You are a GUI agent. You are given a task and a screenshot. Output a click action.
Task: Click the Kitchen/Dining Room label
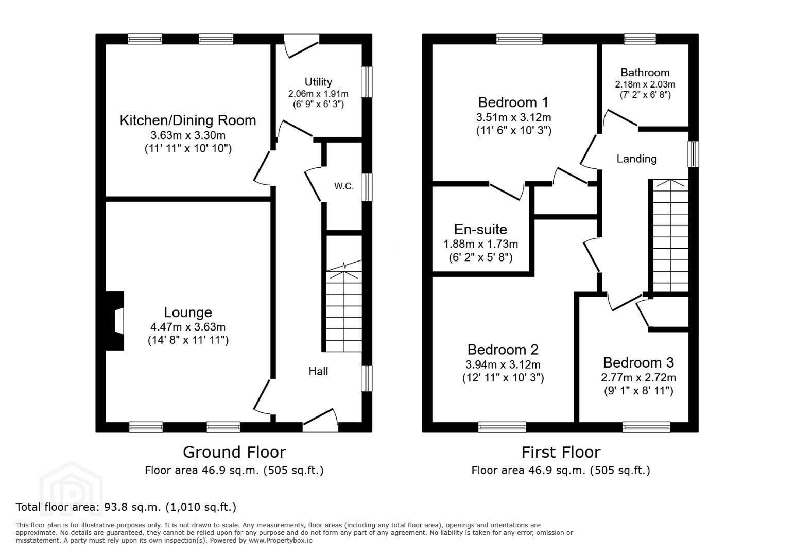tap(188, 120)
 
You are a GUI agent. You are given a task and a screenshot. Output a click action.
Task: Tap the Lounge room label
tap(188, 312)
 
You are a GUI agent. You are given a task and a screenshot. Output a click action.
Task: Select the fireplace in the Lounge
tap(115, 321)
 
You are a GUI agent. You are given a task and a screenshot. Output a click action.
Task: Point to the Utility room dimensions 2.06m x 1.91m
tap(318, 94)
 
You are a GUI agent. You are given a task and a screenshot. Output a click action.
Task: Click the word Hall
tap(318, 372)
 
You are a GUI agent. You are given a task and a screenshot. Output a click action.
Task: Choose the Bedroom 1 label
tap(513, 102)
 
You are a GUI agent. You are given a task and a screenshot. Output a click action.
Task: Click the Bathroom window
tap(640, 39)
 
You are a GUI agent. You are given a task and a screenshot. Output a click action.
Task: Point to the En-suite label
tap(480, 229)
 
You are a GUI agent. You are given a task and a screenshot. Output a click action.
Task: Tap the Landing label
tap(637, 159)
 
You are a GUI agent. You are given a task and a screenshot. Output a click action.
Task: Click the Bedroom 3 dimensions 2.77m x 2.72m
tap(638, 377)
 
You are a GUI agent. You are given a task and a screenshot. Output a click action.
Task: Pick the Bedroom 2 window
tap(502, 427)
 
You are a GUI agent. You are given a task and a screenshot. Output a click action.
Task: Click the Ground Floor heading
tap(234, 453)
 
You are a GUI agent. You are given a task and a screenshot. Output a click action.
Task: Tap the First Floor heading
tap(561, 453)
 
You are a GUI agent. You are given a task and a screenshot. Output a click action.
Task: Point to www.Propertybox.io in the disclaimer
tap(281, 541)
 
